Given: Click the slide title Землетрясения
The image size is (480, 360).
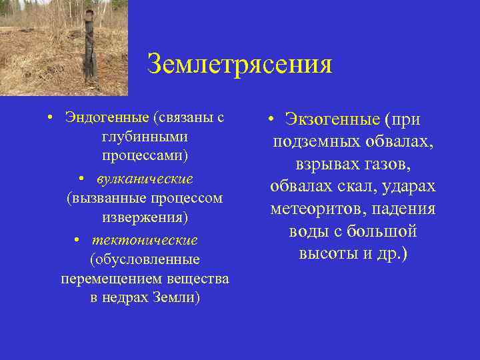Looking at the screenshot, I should pyautogui.click(x=239, y=65).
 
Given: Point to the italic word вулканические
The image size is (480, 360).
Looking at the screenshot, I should pyautogui.click(x=145, y=179).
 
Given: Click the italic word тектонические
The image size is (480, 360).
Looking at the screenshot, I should pyautogui.click(x=145, y=239).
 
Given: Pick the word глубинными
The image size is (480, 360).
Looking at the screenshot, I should pyautogui.click(x=145, y=137).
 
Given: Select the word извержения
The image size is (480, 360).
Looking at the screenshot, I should pyautogui.click(x=145, y=217).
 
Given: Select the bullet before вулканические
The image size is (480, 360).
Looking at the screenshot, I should pyautogui.click(x=80, y=179).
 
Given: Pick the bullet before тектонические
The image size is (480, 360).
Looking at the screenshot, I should pyautogui.click(x=78, y=239).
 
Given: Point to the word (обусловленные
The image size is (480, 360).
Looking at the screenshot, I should pyautogui.click(x=145, y=259).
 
